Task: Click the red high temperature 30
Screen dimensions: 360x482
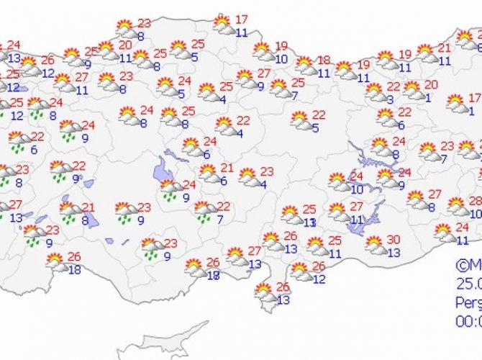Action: (393, 240)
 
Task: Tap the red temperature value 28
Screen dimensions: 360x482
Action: (475, 201)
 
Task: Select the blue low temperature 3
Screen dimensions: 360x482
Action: (389, 99)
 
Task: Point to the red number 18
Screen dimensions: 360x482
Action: (324, 60)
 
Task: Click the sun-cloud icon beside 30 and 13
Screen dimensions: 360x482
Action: (376, 246)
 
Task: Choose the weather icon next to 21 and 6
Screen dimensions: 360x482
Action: (209, 174)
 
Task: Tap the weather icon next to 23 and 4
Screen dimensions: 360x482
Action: (249, 177)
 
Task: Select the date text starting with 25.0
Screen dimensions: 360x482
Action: (468, 283)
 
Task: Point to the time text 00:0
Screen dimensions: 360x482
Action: (468, 320)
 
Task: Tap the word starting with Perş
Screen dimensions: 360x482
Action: (468, 302)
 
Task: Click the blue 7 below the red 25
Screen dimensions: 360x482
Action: (294, 95)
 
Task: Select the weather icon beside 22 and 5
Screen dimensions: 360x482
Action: (301, 121)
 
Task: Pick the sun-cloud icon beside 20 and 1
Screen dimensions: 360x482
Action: (413, 91)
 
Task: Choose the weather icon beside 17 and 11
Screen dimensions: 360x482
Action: (224, 26)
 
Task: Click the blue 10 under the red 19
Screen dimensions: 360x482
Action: (281, 59)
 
